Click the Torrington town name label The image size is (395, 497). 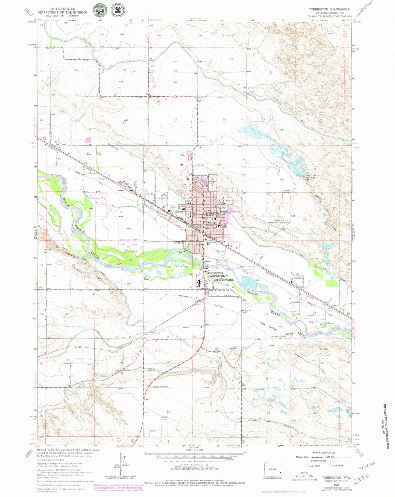coord(211,213)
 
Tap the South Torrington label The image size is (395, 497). coord(224,280)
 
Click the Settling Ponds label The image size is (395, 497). coord(182,266)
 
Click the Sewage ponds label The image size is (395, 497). coord(256,280)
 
